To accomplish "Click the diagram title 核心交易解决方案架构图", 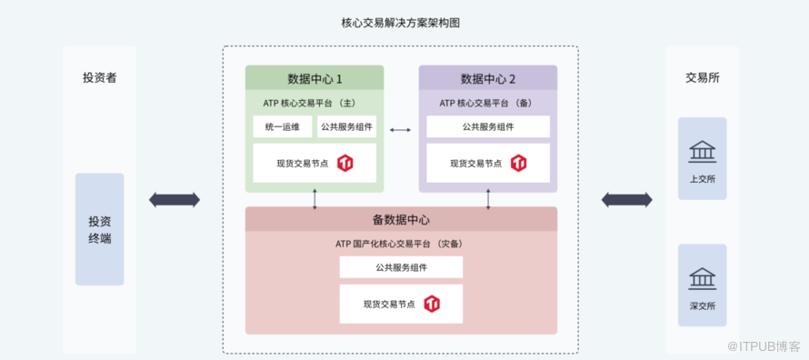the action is coord(400,24).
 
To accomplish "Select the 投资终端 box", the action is coord(100,229).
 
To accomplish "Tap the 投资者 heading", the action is coord(100,78).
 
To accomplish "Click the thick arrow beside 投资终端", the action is coord(175,200).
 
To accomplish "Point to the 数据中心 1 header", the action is coord(315,78).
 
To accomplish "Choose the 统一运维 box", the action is coord(282,127).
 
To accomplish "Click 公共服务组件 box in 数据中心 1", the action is coord(346,127).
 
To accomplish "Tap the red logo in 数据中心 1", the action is coord(345,163).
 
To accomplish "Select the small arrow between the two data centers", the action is coord(400,130).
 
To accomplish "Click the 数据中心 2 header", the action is coord(488,78).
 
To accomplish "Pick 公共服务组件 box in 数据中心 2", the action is coord(488,127).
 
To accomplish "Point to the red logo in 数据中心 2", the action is coord(518,163).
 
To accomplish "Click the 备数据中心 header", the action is coord(401,219).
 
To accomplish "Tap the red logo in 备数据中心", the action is coord(432,304).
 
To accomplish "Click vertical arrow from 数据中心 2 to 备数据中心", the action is coord(488,200).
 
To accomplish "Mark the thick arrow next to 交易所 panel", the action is coord(627,200).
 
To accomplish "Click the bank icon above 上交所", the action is coord(703,150).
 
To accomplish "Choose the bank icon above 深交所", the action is coord(703,277).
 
